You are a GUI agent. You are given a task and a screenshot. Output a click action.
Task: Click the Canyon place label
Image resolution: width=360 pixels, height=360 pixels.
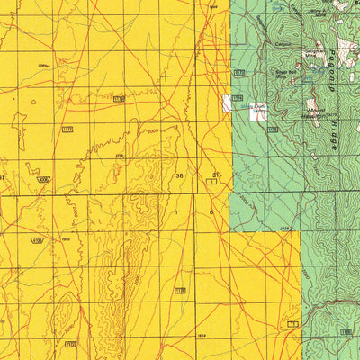[283, 43]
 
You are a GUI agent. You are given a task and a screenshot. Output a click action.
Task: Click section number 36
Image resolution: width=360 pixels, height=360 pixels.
[180, 175]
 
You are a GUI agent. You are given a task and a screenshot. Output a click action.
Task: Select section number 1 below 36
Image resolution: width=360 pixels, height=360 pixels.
[178, 211]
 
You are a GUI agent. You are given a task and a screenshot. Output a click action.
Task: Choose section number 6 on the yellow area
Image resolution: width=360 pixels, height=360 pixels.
[211, 211]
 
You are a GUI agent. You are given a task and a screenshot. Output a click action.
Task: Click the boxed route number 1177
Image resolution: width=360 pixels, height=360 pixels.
[67, 130]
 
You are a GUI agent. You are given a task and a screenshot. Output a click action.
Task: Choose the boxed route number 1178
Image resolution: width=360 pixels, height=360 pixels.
[120, 98]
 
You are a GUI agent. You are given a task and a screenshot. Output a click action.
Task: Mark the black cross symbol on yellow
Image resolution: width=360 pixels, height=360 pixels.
[165, 77]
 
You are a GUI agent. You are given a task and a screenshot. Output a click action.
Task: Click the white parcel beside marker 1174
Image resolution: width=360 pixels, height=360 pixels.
[229, 102]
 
